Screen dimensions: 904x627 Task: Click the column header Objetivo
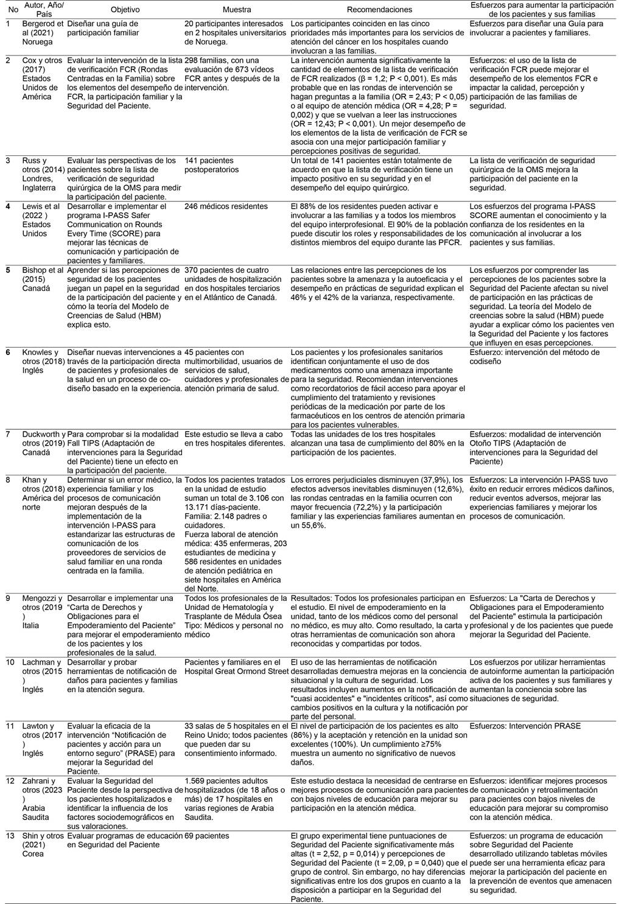coord(125,10)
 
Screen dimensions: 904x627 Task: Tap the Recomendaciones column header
coord(379,10)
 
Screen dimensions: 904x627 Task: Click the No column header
coord(12,10)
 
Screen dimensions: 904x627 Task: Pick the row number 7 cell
coord(9,434)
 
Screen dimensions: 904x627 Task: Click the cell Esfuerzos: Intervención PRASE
coord(525,726)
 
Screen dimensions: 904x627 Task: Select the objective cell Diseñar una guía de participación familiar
coord(103,28)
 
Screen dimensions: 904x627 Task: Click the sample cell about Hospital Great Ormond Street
coord(236,667)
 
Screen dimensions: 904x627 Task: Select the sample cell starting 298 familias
coord(232,74)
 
